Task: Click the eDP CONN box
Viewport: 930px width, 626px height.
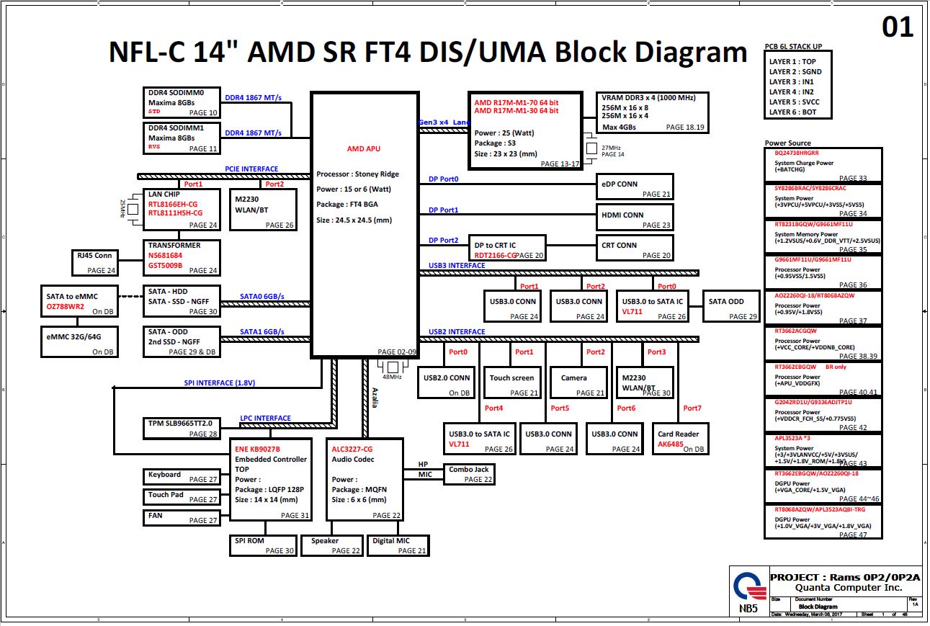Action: [635, 187]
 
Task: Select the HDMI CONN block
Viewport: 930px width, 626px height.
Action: [635, 218]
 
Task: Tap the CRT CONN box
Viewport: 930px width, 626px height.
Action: [635, 249]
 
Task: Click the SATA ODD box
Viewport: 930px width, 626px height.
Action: [732, 305]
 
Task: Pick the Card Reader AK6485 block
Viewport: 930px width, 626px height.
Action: [679, 438]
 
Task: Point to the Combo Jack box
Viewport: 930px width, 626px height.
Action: [469, 473]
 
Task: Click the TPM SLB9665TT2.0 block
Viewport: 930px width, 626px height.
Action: [181, 428]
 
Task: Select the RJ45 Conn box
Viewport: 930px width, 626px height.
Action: [94, 262]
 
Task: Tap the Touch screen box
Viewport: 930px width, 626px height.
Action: [512, 382]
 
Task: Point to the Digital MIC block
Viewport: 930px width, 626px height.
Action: [398, 545]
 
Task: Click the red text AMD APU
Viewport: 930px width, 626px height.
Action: [363, 149]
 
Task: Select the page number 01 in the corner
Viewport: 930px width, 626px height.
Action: [898, 27]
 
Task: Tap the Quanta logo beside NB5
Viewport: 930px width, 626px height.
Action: [748, 588]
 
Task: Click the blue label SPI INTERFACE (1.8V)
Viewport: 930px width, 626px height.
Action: [219, 383]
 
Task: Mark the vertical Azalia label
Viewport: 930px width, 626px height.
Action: [375, 397]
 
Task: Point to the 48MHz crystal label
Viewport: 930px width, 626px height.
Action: [392, 377]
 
